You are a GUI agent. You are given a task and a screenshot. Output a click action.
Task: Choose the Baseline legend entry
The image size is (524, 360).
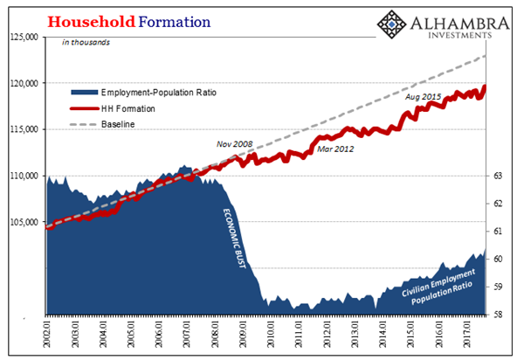(117, 124)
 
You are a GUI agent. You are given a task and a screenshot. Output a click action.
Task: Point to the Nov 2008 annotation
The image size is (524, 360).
(235, 144)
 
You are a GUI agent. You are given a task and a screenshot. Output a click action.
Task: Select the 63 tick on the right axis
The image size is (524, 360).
(499, 176)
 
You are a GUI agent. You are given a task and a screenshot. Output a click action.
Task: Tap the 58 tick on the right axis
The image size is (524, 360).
(499, 315)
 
